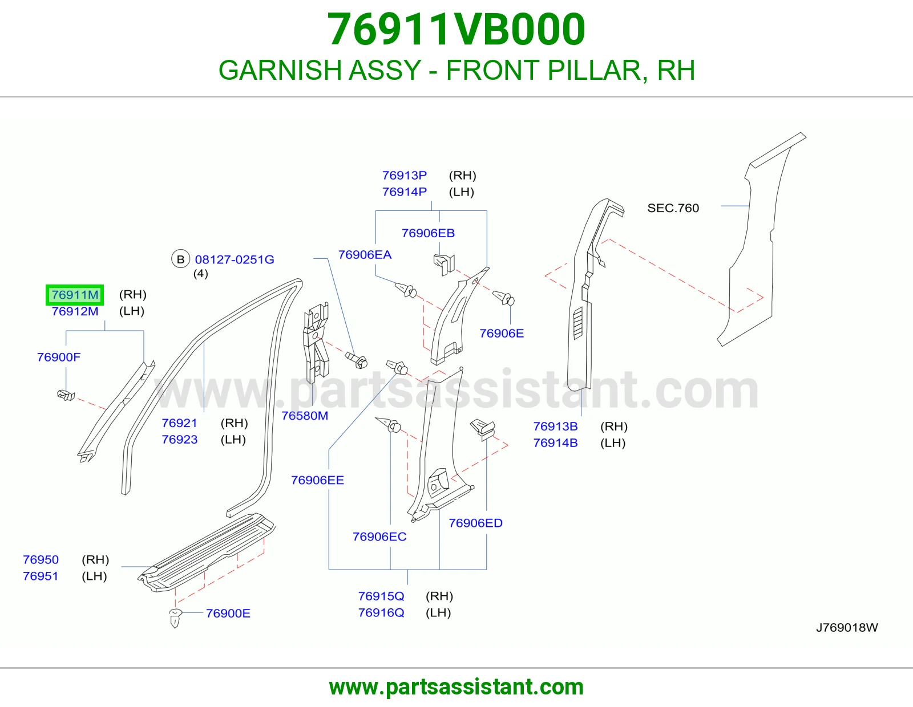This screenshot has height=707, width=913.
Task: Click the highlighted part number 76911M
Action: tap(75, 295)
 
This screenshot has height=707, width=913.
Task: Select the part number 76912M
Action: tap(75, 311)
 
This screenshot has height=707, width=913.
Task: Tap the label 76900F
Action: tap(59, 357)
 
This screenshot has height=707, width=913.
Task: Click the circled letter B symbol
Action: tap(180, 259)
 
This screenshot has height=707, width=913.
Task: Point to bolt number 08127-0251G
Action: tap(235, 259)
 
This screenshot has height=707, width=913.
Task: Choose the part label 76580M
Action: tap(305, 416)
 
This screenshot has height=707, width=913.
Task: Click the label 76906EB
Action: tap(428, 233)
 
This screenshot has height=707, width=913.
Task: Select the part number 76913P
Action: tap(404, 175)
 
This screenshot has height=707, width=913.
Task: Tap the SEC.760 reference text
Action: tap(673, 208)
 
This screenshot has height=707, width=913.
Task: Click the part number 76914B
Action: tap(555, 443)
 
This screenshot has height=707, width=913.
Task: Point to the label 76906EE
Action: tap(317, 480)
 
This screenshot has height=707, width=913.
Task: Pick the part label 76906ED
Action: tap(476, 523)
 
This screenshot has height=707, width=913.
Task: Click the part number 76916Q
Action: tap(381, 612)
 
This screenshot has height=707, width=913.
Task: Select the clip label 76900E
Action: tap(228, 613)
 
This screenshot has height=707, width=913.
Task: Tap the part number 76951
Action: tap(41, 576)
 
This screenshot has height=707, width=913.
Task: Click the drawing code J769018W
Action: tap(847, 627)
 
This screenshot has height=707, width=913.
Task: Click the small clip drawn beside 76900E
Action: tap(175, 617)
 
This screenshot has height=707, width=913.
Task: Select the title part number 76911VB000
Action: tap(457, 29)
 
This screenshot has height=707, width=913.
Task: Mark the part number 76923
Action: tap(179, 439)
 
